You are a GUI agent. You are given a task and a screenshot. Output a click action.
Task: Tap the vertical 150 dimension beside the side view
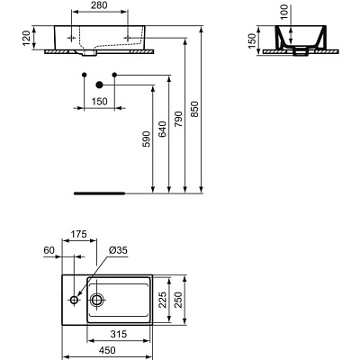[253, 40]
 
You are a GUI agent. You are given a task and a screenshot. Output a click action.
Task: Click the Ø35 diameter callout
[117, 251]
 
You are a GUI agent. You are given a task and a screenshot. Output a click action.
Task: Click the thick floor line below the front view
[99, 192]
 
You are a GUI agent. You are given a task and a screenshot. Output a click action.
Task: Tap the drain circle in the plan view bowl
[97, 299]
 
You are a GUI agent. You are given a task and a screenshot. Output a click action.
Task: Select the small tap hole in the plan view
[71, 299]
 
